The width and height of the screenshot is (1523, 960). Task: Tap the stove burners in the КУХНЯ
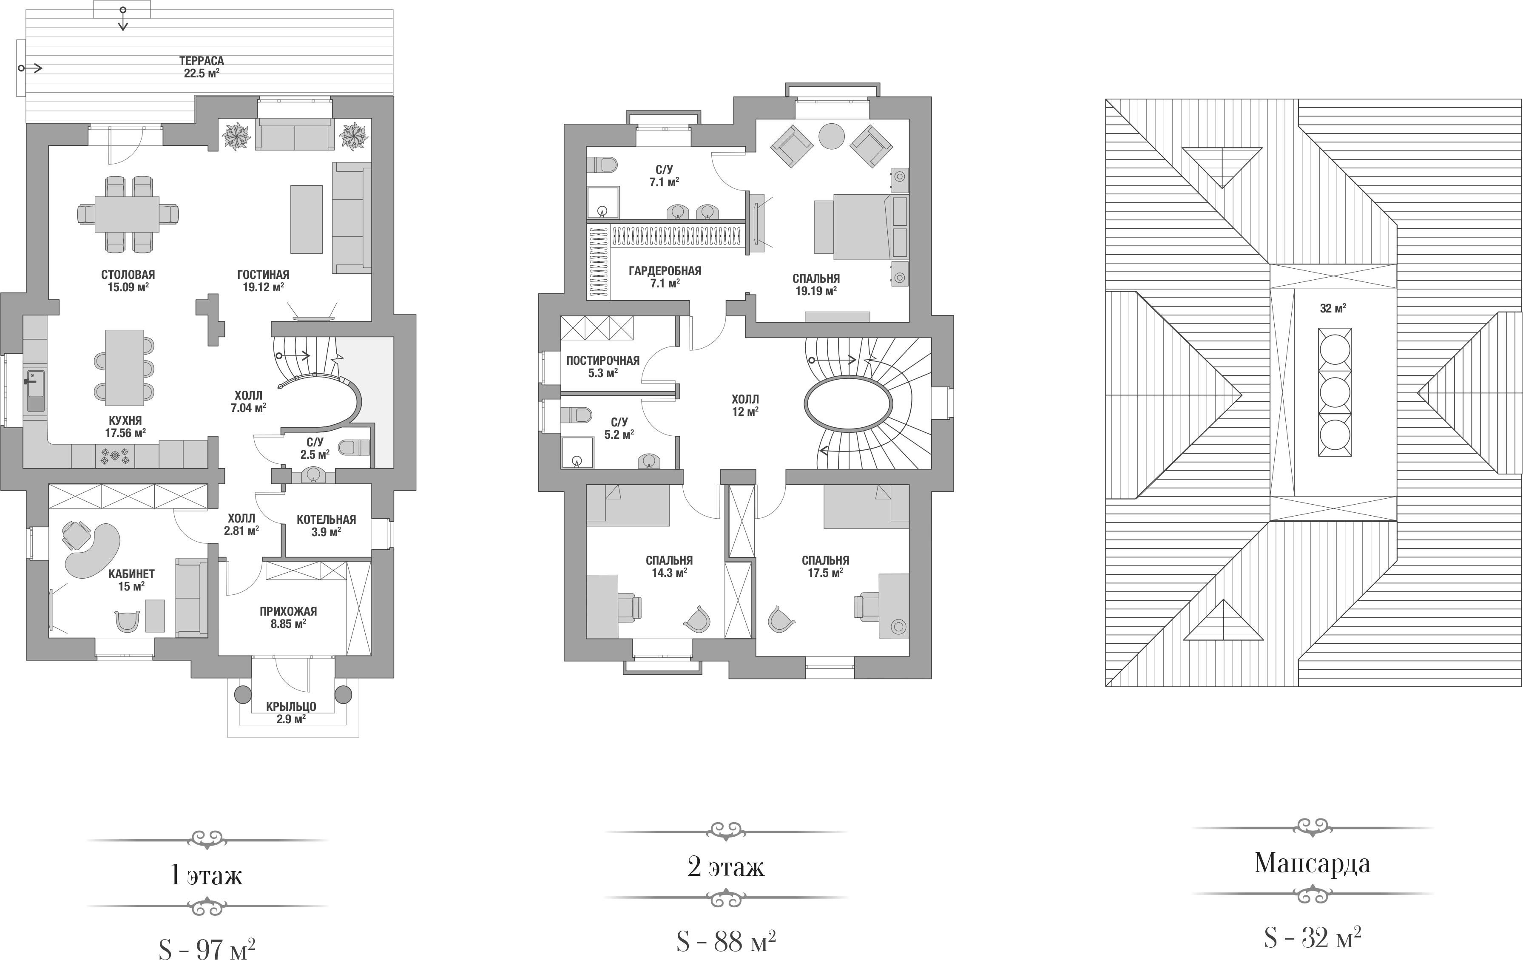(x=115, y=455)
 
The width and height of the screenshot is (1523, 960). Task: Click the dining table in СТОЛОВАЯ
(x=127, y=214)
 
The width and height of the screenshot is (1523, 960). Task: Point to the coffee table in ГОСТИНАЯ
(x=306, y=219)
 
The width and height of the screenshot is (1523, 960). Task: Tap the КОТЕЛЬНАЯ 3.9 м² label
(x=327, y=525)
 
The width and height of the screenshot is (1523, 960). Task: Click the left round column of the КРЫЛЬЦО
(x=243, y=694)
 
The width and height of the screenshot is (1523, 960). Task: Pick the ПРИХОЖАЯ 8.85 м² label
(x=288, y=617)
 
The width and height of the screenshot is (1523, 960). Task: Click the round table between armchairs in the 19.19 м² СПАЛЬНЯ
(x=832, y=136)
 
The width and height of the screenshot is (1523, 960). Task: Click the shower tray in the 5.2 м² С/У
(x=577, y=453)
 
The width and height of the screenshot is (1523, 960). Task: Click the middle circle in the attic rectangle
(x=1335, y=392)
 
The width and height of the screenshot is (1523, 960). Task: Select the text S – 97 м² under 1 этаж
(x=207, y=948)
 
